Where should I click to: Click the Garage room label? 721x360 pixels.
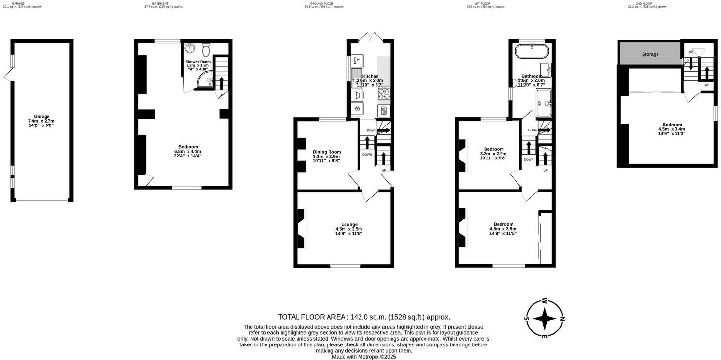(x=42, y=117)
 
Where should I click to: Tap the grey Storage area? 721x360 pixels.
(x=650, y=54)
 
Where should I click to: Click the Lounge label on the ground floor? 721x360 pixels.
(x=349, y=224)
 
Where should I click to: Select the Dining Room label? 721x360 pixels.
(x=327, y=152)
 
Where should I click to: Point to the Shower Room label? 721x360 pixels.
(x=198, y=62)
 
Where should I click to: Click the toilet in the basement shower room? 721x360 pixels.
(x=206, y=49)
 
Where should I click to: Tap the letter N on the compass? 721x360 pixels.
(x=562, y=318)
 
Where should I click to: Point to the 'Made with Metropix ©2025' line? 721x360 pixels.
(x=364, y=357)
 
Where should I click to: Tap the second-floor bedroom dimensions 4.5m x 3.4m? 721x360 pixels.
(x=672, y=129)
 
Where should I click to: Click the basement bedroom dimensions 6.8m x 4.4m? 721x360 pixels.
(x=188, y=151)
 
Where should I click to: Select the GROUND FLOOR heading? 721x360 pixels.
(x=322, y=3)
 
